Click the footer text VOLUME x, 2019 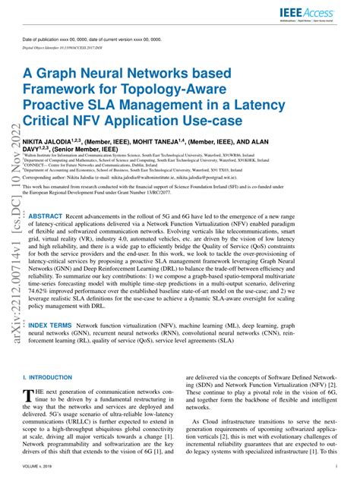pyautogui.click(x=39, y=478)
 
